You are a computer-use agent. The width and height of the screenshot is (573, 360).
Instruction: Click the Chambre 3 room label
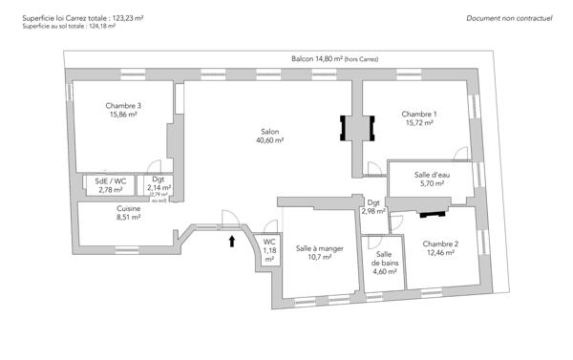[x=124, y=105]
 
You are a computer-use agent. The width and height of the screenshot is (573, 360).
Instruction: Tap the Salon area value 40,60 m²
[x=269, y=140]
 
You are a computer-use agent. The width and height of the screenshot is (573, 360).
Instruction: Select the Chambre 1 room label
[x=419, y=114]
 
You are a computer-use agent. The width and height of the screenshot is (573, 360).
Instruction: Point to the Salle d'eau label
[x=432, y=175]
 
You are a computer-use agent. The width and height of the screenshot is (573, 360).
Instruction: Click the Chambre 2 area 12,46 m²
[x=441, y=253]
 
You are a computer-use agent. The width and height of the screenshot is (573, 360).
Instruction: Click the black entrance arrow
[x=230, y=244]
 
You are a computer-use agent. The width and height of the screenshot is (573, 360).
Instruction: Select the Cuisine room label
[x=129, y=208]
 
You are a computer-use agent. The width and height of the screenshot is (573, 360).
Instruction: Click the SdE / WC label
[x=112, y=180]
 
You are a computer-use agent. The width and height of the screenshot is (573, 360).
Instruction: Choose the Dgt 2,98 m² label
[x=373, y=207]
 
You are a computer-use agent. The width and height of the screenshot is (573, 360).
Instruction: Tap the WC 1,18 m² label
[x=269, y=249]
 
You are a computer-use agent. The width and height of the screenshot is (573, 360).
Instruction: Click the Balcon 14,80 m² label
[x=334, y=59]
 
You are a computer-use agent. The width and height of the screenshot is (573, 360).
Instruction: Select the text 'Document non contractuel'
[x=510, y=18]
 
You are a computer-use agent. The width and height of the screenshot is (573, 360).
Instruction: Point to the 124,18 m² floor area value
[x=99, y=27]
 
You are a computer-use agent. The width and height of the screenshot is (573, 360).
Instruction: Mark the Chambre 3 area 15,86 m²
[x=124, y=115]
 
